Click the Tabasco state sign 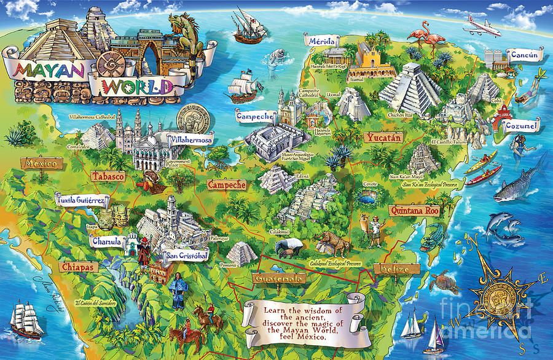[108, 176]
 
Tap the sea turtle [444, 283]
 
